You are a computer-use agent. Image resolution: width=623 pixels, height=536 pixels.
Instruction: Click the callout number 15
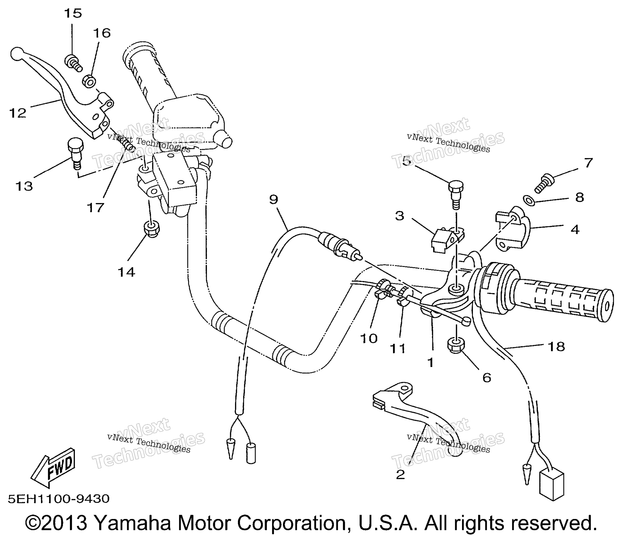[73, 14]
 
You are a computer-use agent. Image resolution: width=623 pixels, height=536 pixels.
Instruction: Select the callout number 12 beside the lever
[18, 113]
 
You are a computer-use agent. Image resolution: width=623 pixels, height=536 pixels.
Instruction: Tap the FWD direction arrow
[53, 467]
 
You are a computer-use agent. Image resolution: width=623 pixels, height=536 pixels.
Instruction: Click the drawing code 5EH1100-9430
[59, 499]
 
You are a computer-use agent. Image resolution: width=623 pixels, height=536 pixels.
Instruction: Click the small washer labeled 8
[529, 200]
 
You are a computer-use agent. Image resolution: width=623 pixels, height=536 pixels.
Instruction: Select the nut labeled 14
[152, 229]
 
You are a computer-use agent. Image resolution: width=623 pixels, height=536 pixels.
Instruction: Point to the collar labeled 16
[89, 81]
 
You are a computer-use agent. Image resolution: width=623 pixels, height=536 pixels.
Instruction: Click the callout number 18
[556, 347]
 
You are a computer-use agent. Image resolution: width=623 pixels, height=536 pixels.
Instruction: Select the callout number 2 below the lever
[400, 475]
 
